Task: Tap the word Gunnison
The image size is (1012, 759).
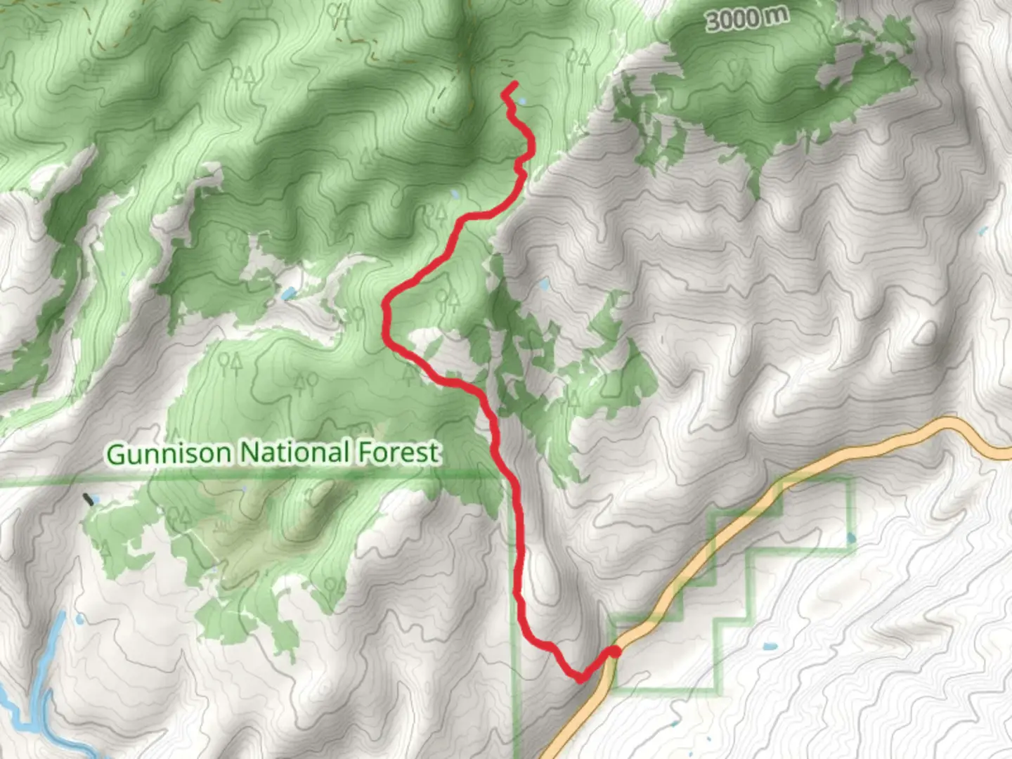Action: click(x=169, y=453)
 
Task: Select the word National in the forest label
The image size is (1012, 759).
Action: click(x=295, y=453)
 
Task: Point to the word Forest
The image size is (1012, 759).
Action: click(x=398, y=453)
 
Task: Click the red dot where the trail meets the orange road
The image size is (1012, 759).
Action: click(x=614, y=653)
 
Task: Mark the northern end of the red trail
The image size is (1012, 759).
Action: click(x=516, y=84)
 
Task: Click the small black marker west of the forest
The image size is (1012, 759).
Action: click(x=88, y=500)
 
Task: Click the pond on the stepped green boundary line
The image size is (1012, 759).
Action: click(x=852, y=539)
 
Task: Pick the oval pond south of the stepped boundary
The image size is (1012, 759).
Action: click(x=770, y=646)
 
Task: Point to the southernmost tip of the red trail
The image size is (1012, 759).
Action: click(x=580, y=680)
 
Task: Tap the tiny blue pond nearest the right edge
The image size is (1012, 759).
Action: click(x=982, y=231)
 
